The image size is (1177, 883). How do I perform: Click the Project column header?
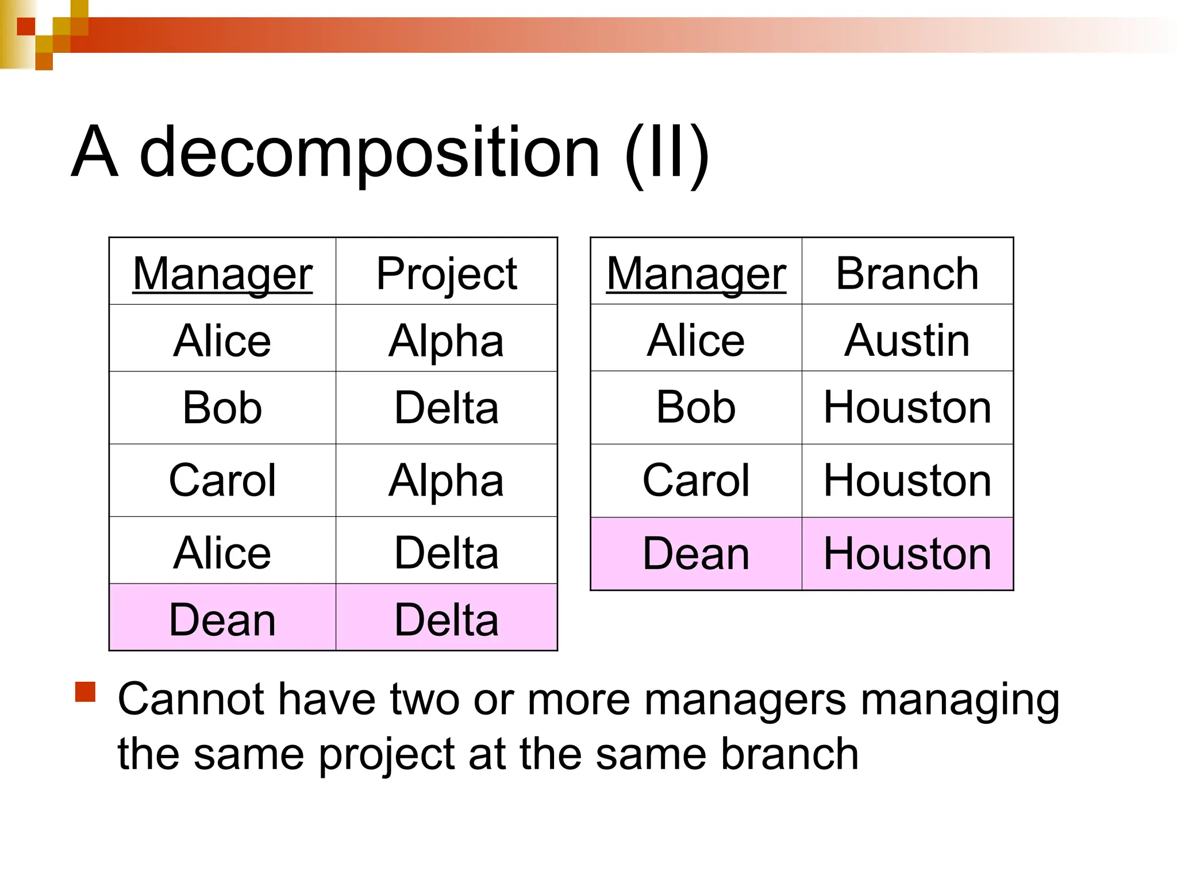[447, 274]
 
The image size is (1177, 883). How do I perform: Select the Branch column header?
[907, 274]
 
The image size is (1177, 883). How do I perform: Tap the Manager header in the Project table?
[222, 274]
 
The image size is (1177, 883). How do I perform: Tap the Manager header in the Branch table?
[696, 274]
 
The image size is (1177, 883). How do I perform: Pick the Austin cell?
[907, 340]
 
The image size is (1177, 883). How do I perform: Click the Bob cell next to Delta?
[222, 408]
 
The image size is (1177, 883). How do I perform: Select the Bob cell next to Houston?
[696, 408]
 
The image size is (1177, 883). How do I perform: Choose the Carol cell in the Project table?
[222, 480]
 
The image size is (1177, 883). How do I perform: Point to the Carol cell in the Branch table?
[696, 480]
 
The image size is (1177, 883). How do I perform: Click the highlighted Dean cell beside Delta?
[222, 620]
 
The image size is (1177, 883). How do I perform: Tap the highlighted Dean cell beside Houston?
[696, 554]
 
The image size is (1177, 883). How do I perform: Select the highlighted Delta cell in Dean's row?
[447, 620]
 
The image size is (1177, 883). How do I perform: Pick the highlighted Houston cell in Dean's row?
[907, 554]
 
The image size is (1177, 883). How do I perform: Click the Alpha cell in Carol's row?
[447, 480]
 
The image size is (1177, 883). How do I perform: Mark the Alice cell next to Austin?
[696, 340]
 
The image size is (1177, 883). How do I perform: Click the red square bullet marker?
[85, 692]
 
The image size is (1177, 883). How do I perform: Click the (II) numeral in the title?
[667, 154]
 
